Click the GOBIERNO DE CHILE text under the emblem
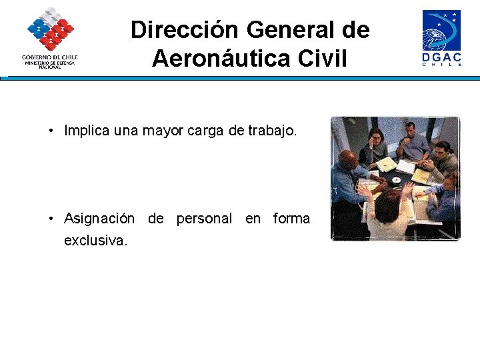click(x=50, y=57)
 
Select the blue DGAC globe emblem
click(x=441, y=31)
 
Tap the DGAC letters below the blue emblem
click(x=442, y=59)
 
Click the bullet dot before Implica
click(x=51, y=131)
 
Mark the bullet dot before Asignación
click(x=51, y=219)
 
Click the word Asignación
click(x=99, y=219)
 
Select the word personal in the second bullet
click(x=204, y=219)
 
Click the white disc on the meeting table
click(x=396, y=179)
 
